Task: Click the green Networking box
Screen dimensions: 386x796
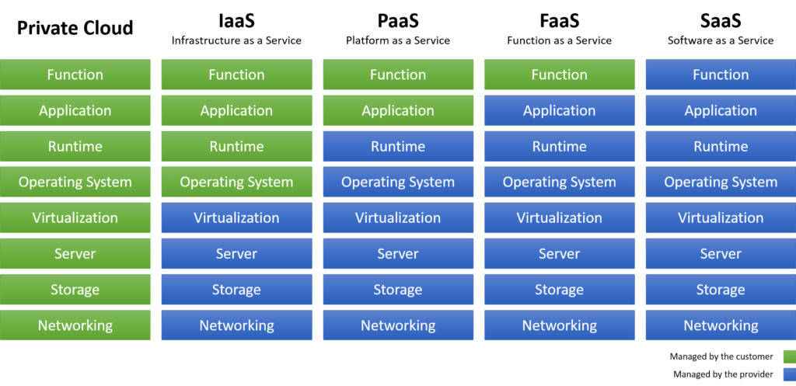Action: [x=75, y=325]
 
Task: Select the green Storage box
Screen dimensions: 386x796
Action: [x=75, y=290]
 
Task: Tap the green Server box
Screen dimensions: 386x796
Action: [x=75, y=254]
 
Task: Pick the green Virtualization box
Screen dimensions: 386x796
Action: [x=75, y=218]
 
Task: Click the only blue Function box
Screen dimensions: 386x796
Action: [x=721, y=75]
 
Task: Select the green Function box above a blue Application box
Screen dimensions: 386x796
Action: [x=559, y=75]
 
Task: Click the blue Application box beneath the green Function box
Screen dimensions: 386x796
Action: [x=559, y=110]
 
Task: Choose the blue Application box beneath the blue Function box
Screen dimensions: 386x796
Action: [x=721, y=110]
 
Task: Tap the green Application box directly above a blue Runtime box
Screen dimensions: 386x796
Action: [x=398, y=110]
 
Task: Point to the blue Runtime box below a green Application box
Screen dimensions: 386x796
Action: [x=398, y=146]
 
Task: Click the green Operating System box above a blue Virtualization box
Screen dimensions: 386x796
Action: [x=236, y=183]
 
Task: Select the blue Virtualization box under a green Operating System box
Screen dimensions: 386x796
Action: [x=236, y=218]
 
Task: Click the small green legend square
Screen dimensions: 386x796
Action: [x=789, y=356]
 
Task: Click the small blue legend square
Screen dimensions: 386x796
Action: [x=789, y=374]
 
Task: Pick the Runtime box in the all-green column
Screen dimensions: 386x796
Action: [x=75, y=146]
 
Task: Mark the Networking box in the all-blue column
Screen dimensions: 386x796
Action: [x=721, y=325]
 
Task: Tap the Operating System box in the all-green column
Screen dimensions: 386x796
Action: [x=75, y=183]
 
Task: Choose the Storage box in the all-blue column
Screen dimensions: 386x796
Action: [x=721, y=290]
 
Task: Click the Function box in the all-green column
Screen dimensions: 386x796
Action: [x=75, y=75]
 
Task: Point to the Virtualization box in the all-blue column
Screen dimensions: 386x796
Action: [x=721, y=218]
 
